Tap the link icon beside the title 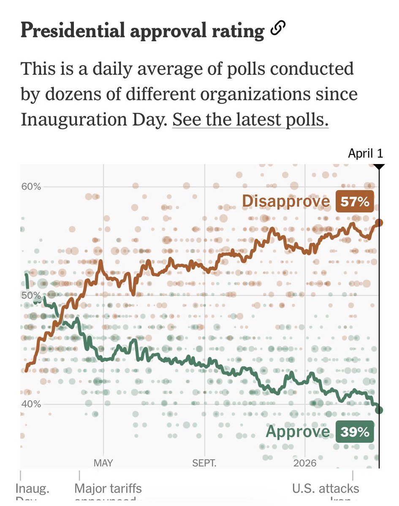tap(278, 29)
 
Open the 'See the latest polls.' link tap(250, 120)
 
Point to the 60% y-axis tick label tap(31, 186)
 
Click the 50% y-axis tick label tap(31, 295)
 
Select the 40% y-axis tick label tap(31, 404)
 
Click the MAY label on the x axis tap(103, 463)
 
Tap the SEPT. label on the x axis tap(204, 463)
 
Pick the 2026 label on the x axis tap(305, 463)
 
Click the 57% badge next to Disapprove tap(355, 202)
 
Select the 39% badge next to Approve tap(355, 432)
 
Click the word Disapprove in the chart tap(286, 202)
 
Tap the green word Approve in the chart tap(298, 431)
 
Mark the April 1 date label tap(366, 153)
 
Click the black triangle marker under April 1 tap(379, 167)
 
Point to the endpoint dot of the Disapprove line tap(379, 223)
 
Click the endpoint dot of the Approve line tap(379, 410)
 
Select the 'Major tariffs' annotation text tap(108, 489)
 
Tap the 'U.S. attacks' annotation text tap(326, 489)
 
